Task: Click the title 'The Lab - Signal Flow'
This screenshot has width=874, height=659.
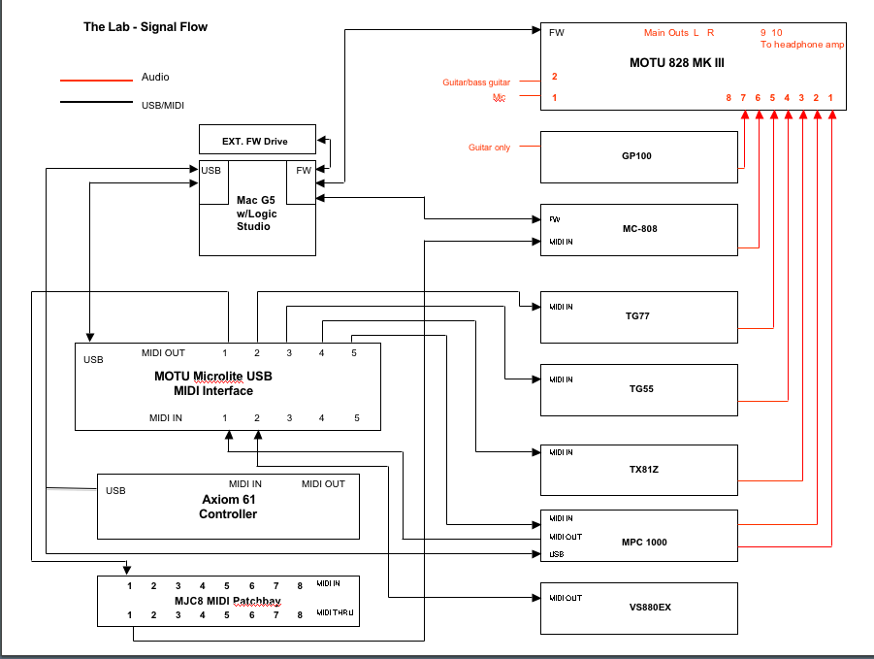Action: point(146,27)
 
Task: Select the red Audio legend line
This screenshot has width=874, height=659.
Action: point(96,80)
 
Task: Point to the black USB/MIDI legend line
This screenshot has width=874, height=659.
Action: point(96,103)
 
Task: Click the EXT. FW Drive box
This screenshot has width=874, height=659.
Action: point(256,141)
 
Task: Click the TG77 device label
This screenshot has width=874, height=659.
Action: point(638,316)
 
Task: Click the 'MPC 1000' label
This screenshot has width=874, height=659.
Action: point(645,542)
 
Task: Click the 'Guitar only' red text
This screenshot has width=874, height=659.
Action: point(489,148)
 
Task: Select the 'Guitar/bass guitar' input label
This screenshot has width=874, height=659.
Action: point(476,82)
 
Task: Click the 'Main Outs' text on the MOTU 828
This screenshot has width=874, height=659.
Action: point(666,33)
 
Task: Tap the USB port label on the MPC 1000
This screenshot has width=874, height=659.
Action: point(556,554)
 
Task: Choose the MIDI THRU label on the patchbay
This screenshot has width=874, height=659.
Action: point(335,613)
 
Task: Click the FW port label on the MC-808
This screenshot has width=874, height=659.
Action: point(554,219)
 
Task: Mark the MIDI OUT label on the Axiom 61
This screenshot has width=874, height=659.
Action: point(323,483)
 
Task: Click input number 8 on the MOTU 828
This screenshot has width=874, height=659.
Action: point(728,98)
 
